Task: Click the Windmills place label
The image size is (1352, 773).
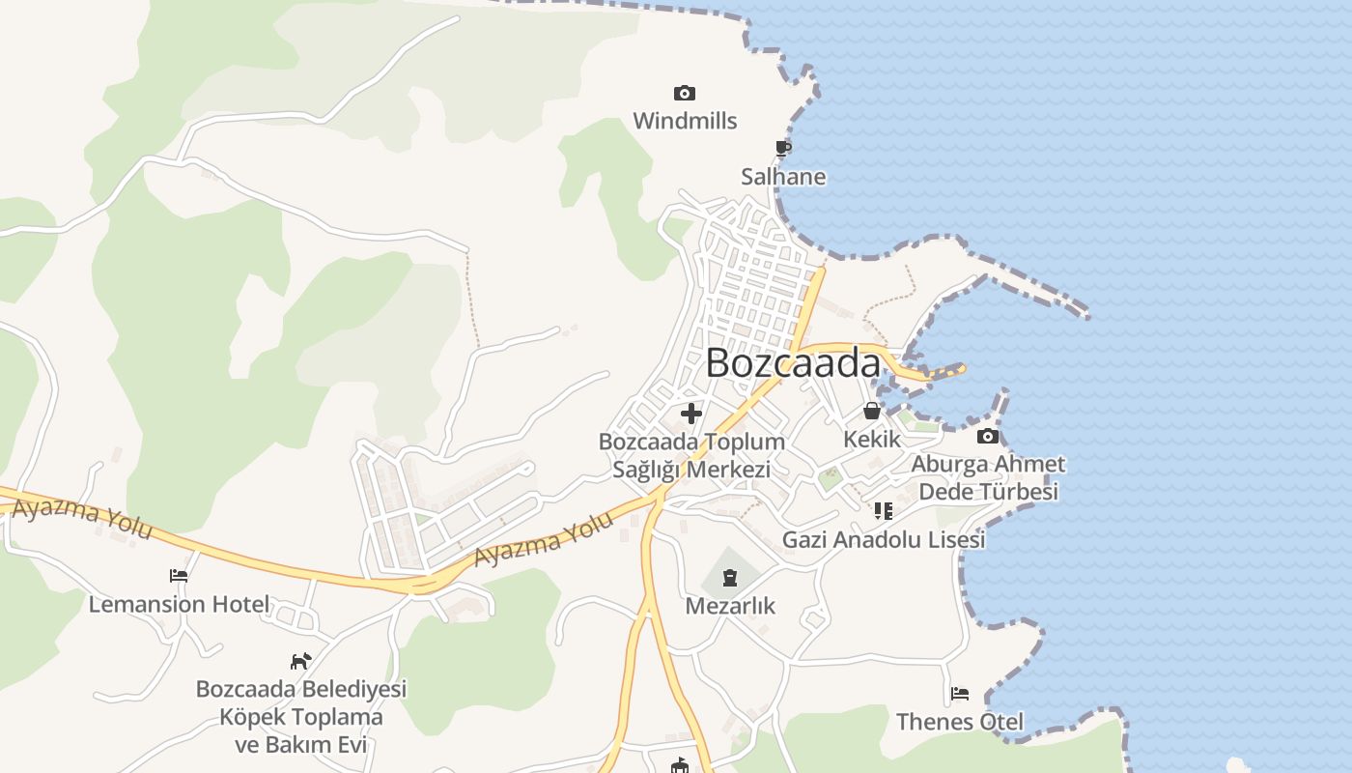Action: point(685,121)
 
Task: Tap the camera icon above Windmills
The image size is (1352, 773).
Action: point(685,93)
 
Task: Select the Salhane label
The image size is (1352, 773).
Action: point(783,177)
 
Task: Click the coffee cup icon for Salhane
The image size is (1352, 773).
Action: point(783,148)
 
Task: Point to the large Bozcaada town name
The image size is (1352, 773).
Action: point(793,363)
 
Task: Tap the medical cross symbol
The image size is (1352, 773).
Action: point(691,414)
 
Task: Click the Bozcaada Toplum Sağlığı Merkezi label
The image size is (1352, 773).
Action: point(691,455)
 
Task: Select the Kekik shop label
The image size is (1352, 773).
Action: point(872,439)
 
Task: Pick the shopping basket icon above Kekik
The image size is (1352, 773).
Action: point(872,412)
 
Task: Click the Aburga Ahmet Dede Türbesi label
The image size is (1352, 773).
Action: point(988,477)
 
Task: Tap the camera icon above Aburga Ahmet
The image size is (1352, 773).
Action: point(988,437)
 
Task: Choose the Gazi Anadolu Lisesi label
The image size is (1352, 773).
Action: point(884,539)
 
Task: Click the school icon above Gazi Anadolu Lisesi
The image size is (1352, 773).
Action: point(884,510)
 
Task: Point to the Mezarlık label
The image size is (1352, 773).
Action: point(730,606)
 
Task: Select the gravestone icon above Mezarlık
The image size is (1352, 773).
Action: point(730,578)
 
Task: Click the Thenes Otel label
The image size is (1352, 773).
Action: point(960,722)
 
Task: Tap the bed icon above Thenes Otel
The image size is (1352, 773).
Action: point(960,694)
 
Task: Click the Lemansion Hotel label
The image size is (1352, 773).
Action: point(179,605)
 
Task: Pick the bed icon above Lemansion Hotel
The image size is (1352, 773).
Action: point(179,576)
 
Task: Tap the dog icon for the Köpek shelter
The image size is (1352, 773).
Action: point(301,661)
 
